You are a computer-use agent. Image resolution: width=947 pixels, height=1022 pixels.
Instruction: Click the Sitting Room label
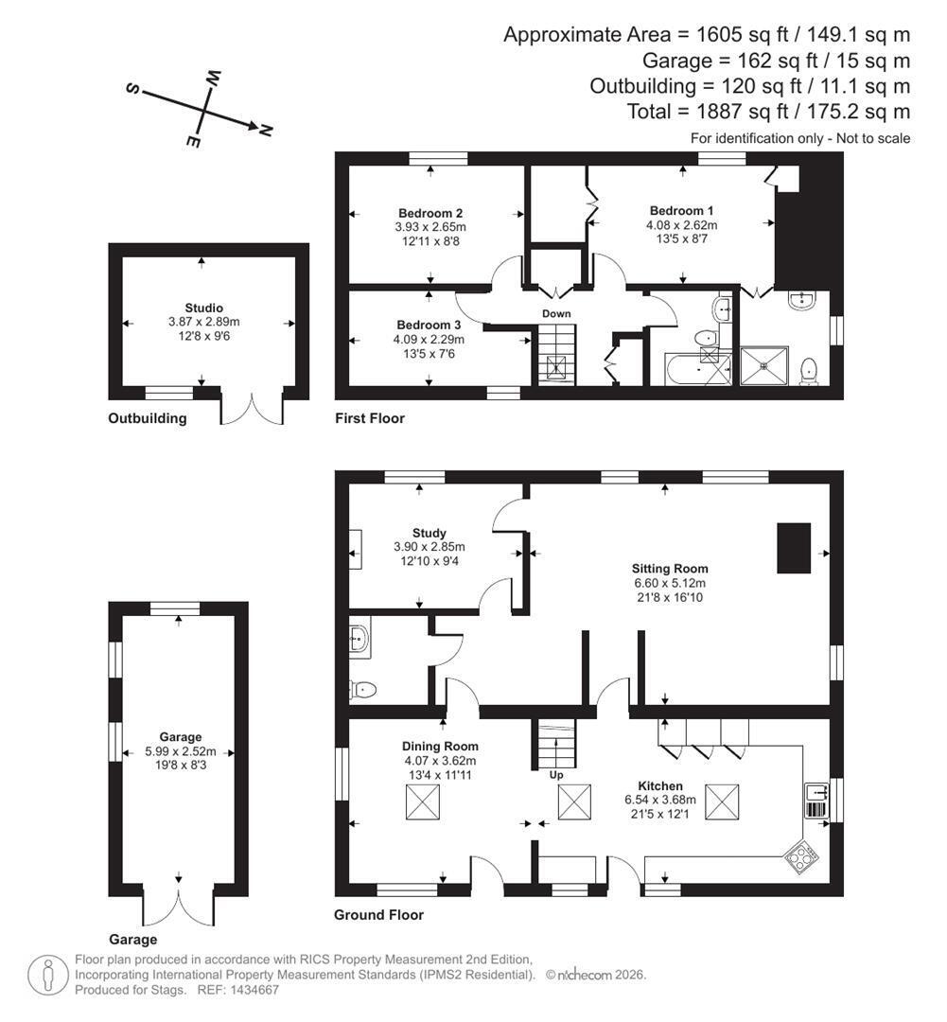tap(670, 569)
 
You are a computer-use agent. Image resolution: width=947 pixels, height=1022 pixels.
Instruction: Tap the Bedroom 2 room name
tap(430, 213)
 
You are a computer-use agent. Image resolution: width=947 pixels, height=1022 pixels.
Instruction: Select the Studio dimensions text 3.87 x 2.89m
tap(204, 322)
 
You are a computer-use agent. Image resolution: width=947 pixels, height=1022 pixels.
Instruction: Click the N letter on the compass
tap(265, 131)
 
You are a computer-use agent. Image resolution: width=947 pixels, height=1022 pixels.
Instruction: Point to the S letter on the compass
tap(133, 89)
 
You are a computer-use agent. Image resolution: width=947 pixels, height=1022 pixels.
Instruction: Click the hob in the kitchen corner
tap(801, 856)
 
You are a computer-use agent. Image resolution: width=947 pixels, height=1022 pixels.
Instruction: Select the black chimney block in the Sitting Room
tap(794, 548)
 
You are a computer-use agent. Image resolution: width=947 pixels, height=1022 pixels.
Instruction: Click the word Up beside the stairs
tap(556, 775)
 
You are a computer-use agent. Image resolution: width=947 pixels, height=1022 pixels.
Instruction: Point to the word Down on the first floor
tap(556, 313)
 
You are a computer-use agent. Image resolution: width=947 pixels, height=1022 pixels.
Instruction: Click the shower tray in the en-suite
tap(764, 366)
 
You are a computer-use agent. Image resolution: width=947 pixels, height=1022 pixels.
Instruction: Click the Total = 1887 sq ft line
tap(768, 112)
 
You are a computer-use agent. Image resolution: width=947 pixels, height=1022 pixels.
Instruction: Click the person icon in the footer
tap(47, 975)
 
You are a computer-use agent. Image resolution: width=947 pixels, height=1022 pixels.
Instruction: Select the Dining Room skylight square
tap(423, 802)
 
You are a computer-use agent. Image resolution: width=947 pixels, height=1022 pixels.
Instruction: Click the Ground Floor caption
tap(378, 915)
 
